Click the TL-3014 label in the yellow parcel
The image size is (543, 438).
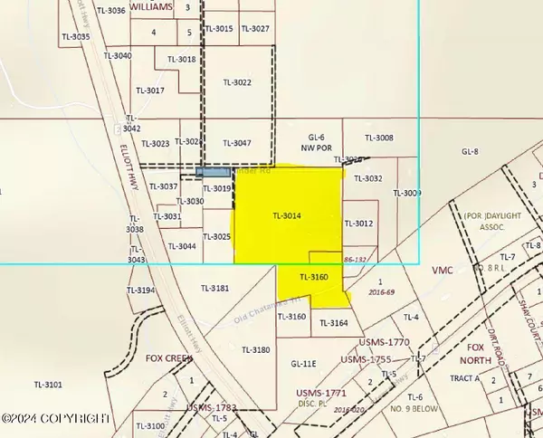286,216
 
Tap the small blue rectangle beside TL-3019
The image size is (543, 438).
212,171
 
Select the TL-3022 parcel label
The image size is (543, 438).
236,82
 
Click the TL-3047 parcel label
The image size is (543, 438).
235,143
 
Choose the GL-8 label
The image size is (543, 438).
470,152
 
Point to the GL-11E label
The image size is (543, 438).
302,364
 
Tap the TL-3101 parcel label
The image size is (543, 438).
47,385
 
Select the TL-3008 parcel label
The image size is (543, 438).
378,138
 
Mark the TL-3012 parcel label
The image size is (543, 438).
358,224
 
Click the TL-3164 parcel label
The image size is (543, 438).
333,323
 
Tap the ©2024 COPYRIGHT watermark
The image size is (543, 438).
56,418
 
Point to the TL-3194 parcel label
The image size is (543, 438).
141,290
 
